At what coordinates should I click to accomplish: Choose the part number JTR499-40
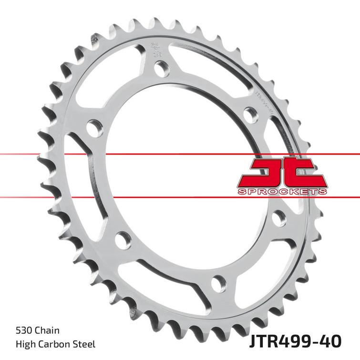295,341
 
